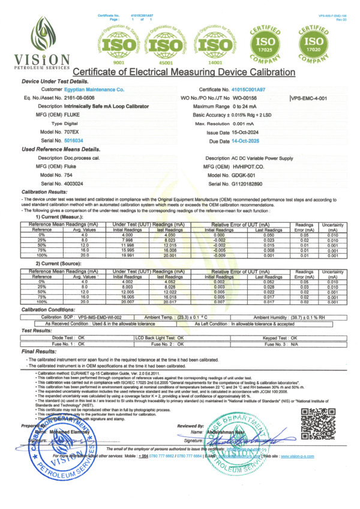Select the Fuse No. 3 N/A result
point(297,345)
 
